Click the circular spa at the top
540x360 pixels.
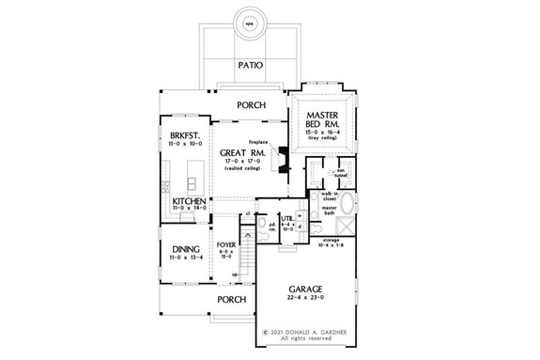pyautogui.click(x=248, y=26)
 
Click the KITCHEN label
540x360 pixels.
pyautogui.click(x=189, y=201)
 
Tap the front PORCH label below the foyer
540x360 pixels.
pyautogui.click(x=230, y=299)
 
